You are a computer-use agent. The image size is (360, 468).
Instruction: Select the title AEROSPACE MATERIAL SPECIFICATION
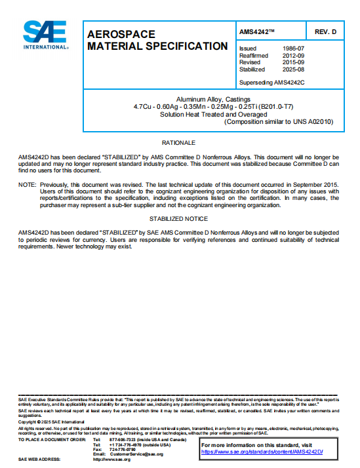coord(157,40)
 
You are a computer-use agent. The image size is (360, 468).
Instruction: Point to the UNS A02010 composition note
coord(279,121)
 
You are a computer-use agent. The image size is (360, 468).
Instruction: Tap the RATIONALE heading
coord(178,143)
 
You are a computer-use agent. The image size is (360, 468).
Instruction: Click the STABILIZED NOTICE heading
coord(178,218)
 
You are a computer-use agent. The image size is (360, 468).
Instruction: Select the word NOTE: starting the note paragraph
coord(28,185)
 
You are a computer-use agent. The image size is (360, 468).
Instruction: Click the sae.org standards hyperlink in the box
coord(262,452)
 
